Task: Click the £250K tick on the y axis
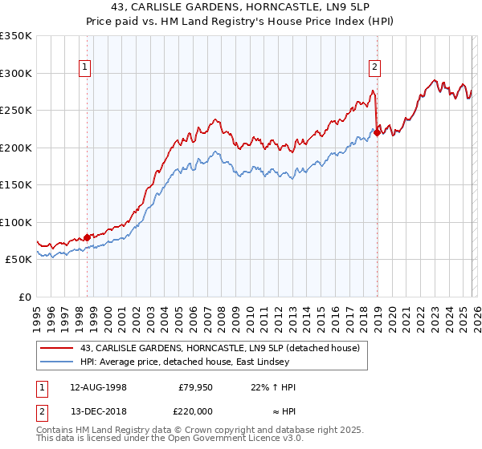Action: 16,110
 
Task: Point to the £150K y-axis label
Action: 16,184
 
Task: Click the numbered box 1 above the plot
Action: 85,68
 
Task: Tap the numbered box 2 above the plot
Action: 375,68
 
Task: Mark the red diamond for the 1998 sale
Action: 88,237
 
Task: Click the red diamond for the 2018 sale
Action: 377,133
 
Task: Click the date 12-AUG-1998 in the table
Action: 99,387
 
